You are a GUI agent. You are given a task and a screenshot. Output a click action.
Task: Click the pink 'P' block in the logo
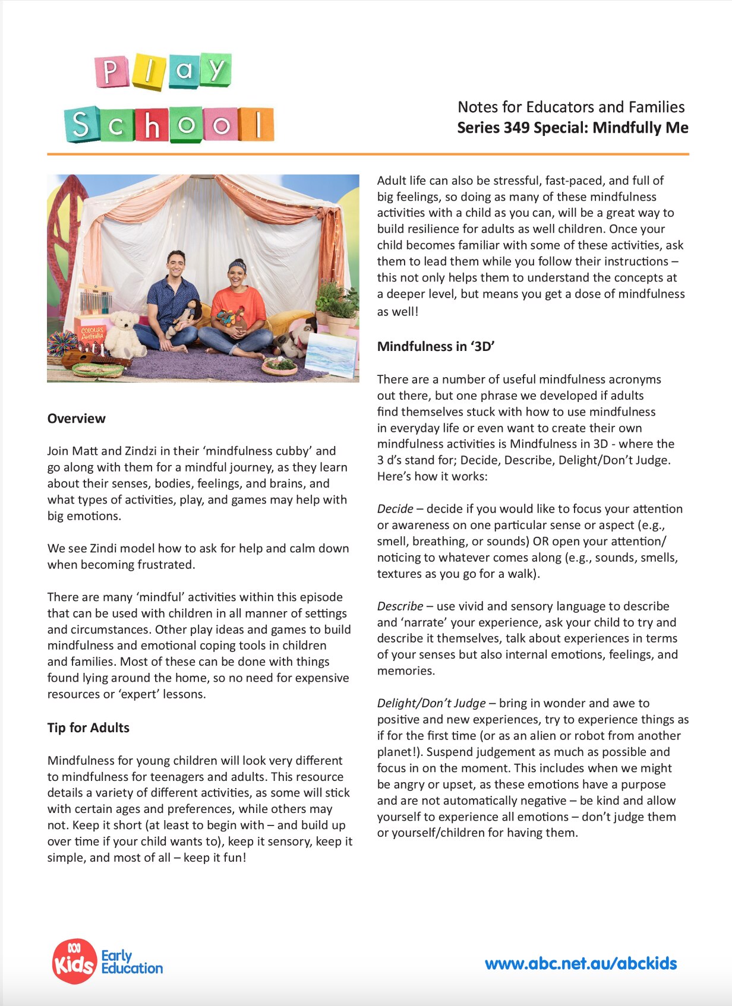[x=111, y=72]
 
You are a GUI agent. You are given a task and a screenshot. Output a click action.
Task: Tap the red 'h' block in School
[x=152, y=125]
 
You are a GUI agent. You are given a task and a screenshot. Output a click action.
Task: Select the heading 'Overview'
[x=76, y=418]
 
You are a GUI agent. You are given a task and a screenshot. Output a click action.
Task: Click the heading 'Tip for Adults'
[x=88, y=727]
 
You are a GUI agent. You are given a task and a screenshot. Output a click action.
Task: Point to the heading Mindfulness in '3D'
[x=436, y=346]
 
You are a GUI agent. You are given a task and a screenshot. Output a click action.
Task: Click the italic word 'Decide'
[x=395, y=508]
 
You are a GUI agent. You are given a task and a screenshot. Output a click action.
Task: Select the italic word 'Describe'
[x=400, y=606]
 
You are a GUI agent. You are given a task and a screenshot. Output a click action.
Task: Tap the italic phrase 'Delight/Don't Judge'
[x=431, y=703]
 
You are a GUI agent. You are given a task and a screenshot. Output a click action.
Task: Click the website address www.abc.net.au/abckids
[x=580, y=963]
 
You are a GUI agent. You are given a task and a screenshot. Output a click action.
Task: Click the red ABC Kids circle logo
[x=74, y=961]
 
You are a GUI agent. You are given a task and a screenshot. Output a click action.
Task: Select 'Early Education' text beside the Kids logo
[x=131, y=961]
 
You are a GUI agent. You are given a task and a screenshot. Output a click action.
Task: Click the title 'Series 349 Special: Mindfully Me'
[x=572, y=128]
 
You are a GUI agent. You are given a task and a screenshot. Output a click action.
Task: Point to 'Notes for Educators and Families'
[x=570, y=107]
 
